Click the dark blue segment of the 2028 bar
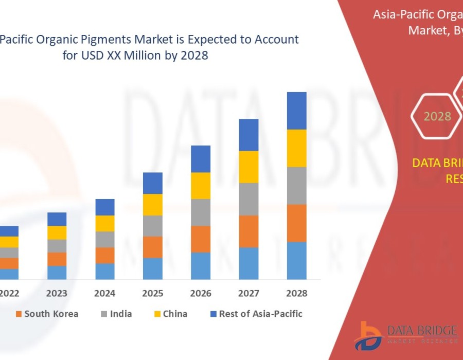[x=297, y=111]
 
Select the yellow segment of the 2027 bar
[x=248, y=167]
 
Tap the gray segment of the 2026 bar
[x=201, y=212]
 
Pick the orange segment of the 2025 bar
[x=153, y=247]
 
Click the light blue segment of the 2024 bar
[x=105, y=271]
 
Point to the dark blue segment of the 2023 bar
[x=57, y=219]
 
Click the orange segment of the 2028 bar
[x=297, y=223]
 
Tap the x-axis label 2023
[x=57, y=294]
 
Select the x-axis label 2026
[x=201, y=294]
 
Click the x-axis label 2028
[x=297, y=294]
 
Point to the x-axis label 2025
[x=153, y=294]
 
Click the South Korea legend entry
[x=50, y=314]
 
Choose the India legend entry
[x=120, y=314]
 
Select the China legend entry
[x=174, y=314]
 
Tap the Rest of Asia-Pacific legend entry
[x=260, y=314]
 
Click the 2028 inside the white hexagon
[x=437, y=116]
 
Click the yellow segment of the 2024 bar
[x=105, y=223]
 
